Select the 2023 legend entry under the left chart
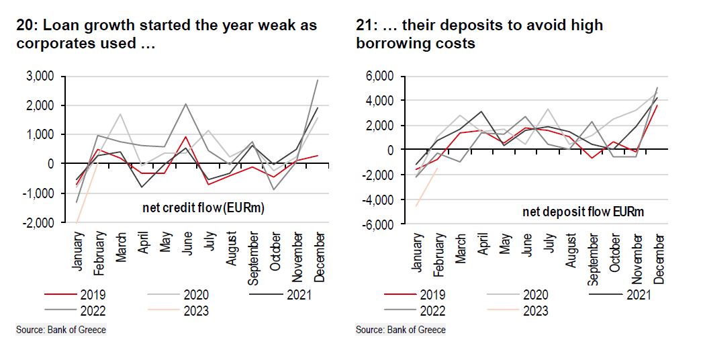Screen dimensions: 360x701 [194, 310]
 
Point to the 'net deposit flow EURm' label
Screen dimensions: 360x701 [583, 212]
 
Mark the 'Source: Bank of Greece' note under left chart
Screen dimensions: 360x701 [61, 330]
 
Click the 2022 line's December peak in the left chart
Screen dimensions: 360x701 [318, 80]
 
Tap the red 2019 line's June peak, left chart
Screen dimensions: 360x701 [186, 136]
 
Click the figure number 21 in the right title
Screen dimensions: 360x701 [363, 26]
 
